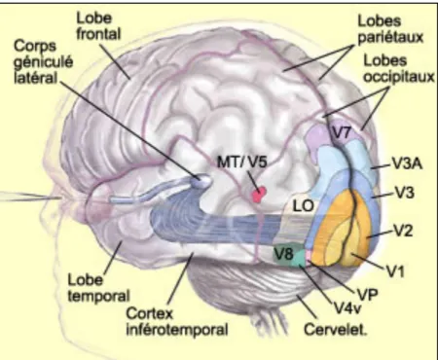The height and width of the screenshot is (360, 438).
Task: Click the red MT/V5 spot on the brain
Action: pyautogui.click(x=259, y=195)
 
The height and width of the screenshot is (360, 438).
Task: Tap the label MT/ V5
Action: pyautogui.click(x=241, y=161)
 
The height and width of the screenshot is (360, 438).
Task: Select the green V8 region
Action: pyautogui.click(x=288, y=255)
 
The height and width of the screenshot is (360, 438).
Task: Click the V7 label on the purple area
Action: pyautogui.click(x=342, y=132)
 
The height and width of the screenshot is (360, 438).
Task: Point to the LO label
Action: pyautogui.click(x=304, y=206)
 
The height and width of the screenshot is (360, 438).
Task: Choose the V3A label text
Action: pyautogui.click(x=408, y=163)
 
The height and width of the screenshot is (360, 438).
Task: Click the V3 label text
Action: pyautogui.click(x=404, y=193)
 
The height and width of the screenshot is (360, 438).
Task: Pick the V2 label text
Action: pyautogui.click(x=403, y=231)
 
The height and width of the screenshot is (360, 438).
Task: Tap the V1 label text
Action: pyautogui.click(x=395, y=271)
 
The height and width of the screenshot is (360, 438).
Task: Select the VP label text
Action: pyautogui.click(x=367, y=294)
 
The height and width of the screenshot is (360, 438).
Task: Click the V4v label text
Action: pyautogui.click(x=347, y=308)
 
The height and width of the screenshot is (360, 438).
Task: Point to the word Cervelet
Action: pyautogui.click(x=336, y=329)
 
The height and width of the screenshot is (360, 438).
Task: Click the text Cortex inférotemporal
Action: pyautogui.click(x=177, y=322)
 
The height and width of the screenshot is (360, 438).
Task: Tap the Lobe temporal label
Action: pyautogui.click(x=98, y=288)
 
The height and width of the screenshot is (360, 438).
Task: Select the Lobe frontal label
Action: pyautogui.click(x=98, y=26)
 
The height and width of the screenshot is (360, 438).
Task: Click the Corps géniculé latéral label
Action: pyautogui.click(x=44, y=62)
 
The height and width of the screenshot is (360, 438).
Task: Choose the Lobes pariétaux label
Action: pyautogui.click(x=390, y=29)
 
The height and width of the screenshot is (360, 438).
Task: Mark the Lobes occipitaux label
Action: pyautogui.click(x=399, y=69)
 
